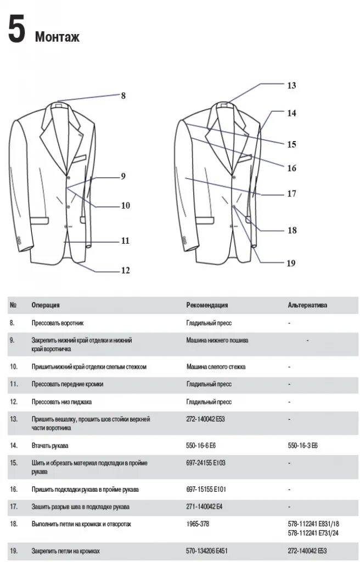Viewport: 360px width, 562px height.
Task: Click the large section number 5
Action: pyautogui.click(x=16, y=30)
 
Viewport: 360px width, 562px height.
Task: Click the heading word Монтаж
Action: pyautogui.click(x=57, y=37)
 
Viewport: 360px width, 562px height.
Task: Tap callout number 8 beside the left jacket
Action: pyautogui.click(x=123, y=95)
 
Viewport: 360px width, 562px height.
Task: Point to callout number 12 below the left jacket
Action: pyautogui.click(x=125, y=269)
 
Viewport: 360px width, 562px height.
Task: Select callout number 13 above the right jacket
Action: pyautogui.click(x=291, y=86)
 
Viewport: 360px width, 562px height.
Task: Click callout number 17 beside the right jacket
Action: pyautogui.click(x=291, y=194)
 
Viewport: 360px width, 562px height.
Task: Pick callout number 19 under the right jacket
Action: pyautogui.click(x=291, y=263)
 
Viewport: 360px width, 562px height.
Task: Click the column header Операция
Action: pyautogui.click(x=46, y=305)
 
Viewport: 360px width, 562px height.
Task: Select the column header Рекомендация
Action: pyautogui.click(x=207, y=305)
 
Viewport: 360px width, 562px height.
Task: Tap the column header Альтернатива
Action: pyautogui.click(x=307, y=305)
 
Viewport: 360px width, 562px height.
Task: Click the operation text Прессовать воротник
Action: pyautogui.click(x=58, y=323)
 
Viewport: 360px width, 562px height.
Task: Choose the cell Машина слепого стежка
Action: pyautogui.click(x=216, y=366)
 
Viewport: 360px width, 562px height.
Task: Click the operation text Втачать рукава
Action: pyautogui.click(x=50, y=446)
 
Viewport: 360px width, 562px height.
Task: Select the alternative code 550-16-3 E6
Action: pyautogui.click(x=303, y=446)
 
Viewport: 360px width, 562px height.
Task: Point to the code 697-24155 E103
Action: pyautogui.click(x=206, y=463)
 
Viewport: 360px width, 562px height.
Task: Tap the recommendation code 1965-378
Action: pyautogui.click(x=198, y=524)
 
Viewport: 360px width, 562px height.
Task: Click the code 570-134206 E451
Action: pyautogui.click(x=207, y=550)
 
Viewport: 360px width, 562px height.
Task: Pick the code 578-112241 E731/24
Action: pyautogui.click(x=313, y=532)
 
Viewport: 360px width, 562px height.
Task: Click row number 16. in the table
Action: pyautogui.click(x=14, y=489)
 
